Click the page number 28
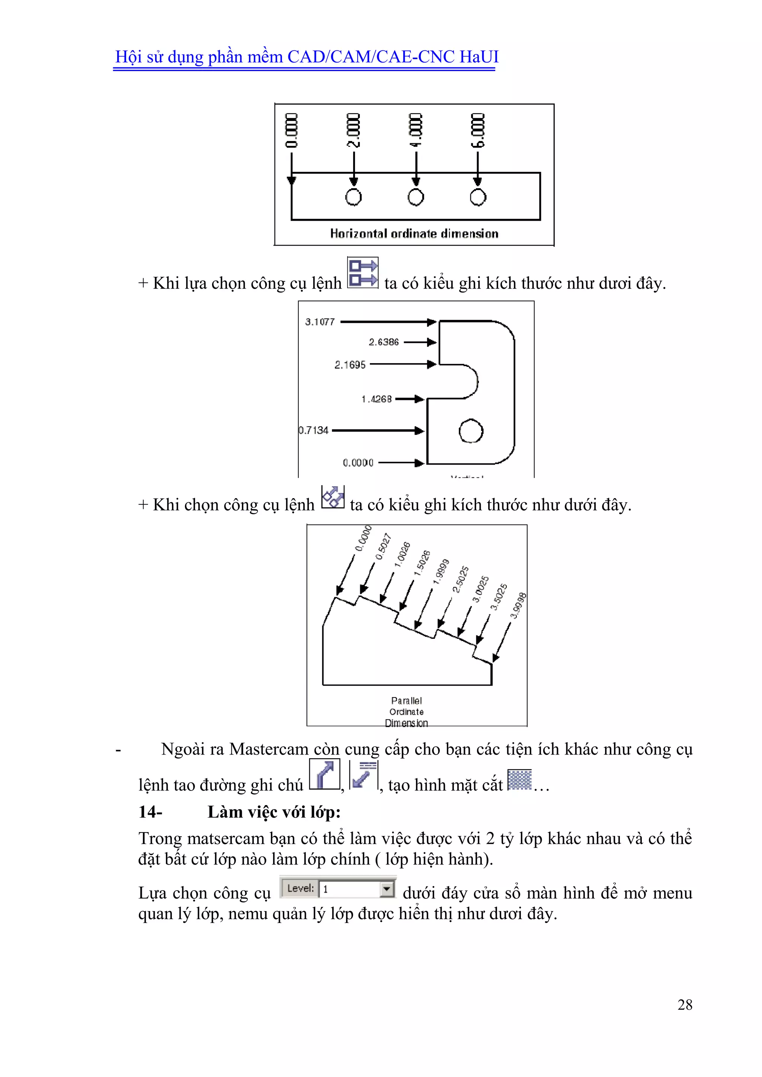coord(685,1004)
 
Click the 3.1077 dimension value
coord(320,322)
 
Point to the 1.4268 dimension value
coord(376,399)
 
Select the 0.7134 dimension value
coord(314,430)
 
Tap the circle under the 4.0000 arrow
coord(416,197)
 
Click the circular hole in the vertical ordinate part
coord(471,431)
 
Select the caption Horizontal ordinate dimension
coord(414,234)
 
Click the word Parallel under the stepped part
coord(406,701)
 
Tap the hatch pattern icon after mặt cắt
coord(519,780)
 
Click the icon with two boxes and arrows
coord(362,273)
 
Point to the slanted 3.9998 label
coord(518,606)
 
